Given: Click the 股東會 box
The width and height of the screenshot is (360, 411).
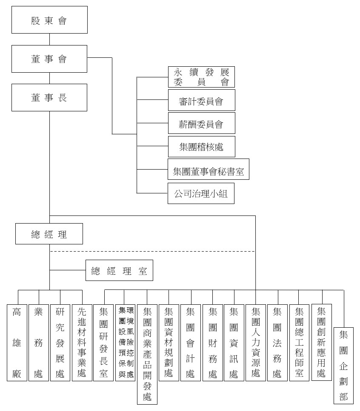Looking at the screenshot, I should click(49, 20).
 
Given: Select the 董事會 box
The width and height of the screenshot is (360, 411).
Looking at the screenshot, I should click(49, 59).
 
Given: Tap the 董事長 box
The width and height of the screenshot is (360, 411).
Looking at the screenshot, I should click(49, 97).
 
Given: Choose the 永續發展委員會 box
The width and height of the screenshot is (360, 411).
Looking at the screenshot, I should click(201, 77).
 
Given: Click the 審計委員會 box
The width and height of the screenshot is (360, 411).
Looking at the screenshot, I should click(201, 101).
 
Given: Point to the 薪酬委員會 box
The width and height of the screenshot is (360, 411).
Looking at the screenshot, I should click(201, 124).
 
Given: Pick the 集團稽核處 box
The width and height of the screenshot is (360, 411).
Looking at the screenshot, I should click(201, 147).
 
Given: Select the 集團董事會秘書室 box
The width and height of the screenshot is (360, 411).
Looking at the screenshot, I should click(209, 170).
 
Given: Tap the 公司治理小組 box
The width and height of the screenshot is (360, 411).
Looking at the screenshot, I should click(201, 193).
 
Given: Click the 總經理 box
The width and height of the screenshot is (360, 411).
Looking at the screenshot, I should click(49, 234).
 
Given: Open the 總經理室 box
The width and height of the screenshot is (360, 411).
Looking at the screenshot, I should click(120, 270).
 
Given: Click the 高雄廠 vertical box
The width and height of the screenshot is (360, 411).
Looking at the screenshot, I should click(17, 342).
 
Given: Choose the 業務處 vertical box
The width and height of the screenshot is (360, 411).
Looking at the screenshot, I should click(39, 342).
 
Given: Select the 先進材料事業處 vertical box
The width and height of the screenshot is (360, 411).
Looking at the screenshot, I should click(82, 342).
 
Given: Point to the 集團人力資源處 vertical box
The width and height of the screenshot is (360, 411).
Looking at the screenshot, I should click(256, 342).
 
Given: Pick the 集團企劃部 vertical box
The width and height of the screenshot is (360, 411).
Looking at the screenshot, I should click(343, 366).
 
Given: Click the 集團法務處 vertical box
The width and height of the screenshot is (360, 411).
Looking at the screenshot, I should click(278, 342).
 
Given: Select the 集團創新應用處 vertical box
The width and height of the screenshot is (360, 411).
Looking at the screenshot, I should click(322, 342).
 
